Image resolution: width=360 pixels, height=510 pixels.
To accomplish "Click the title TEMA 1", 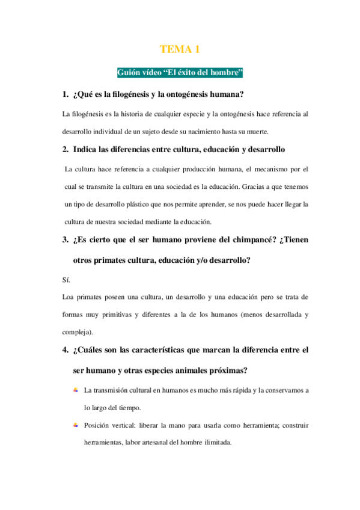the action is [x=180, y=49].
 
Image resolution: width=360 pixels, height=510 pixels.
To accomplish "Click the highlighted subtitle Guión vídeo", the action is [x=180, y=73].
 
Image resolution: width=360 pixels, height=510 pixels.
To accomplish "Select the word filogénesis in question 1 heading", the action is [x=133, y=94].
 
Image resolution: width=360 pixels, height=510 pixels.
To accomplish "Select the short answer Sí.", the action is [x=66, y=280].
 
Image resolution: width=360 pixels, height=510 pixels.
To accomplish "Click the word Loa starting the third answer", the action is [x=69, y=297].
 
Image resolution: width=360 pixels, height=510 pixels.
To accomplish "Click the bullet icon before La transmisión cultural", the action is [x=76, y=390].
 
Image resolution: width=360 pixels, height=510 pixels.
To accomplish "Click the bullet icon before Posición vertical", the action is [x=76, y=425].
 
